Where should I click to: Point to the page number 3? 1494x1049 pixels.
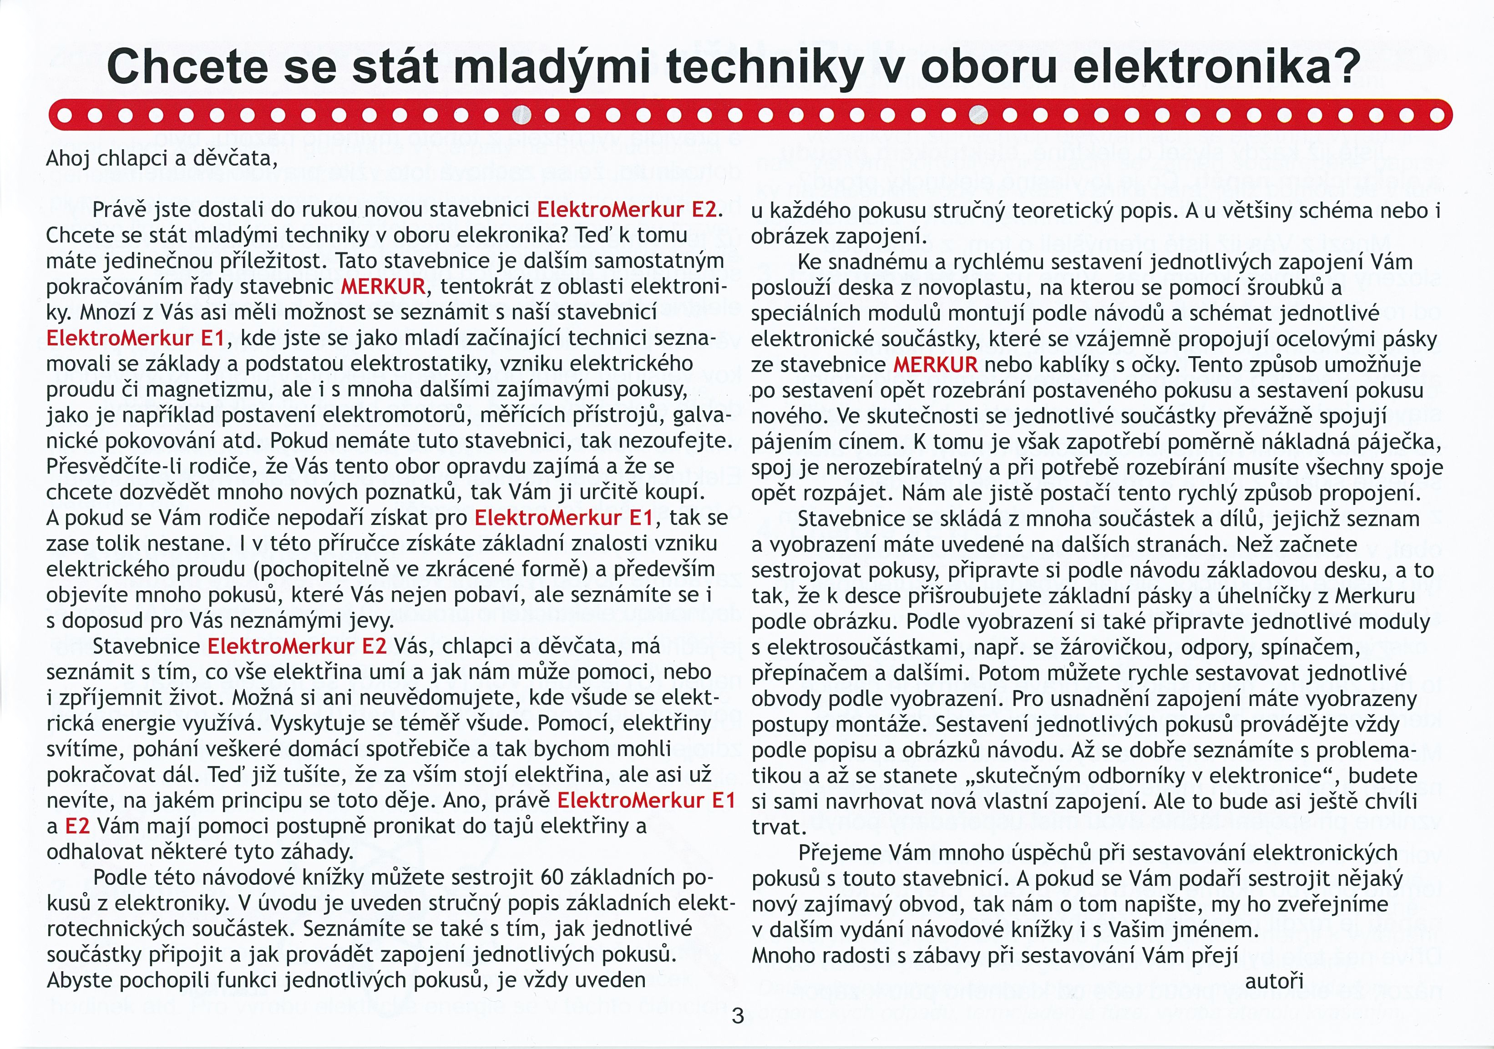click(737, 1015)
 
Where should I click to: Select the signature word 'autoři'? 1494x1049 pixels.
click(1274, 981)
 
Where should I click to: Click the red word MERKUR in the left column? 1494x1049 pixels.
click(383, 287)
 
